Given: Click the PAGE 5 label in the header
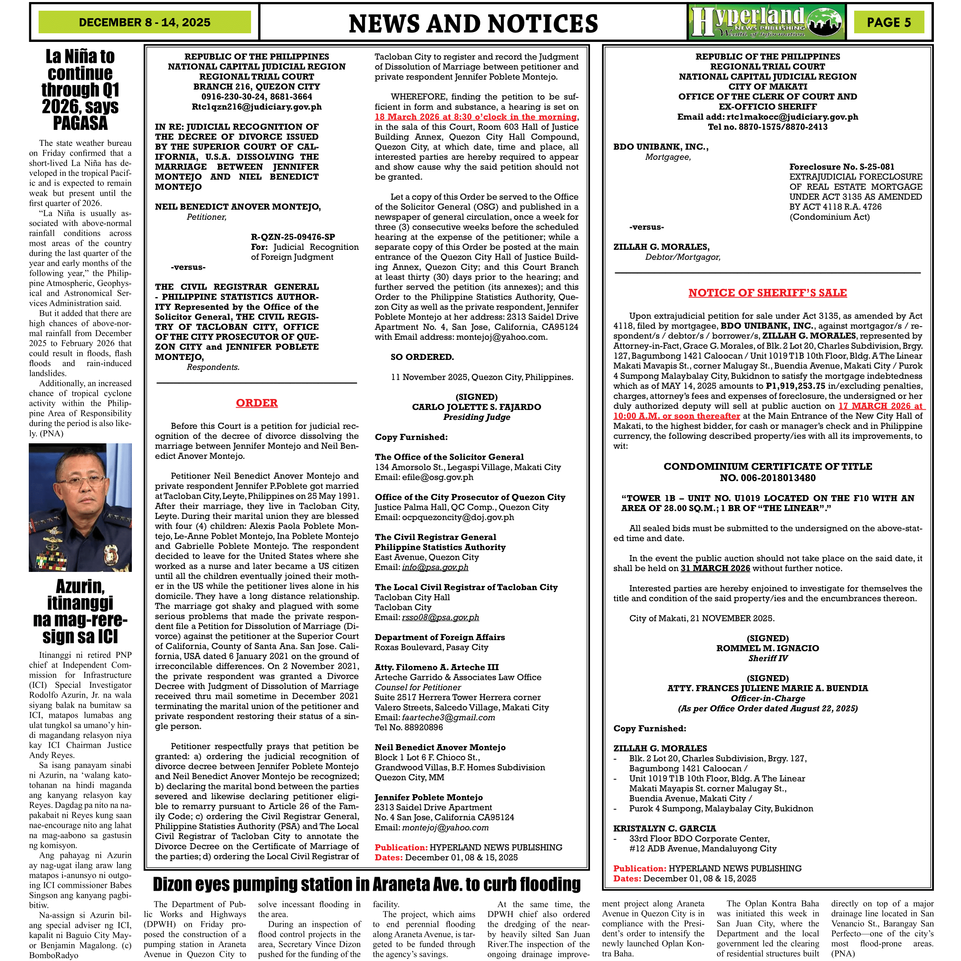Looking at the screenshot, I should pos(888,22).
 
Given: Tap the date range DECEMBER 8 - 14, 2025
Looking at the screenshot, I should pos(144,22).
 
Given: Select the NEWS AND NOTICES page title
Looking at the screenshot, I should pos(473,23).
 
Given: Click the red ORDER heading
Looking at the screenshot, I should pos(257,403).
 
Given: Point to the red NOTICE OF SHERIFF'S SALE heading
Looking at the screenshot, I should pos(767,293).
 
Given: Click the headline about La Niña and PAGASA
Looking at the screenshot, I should pos(80,90).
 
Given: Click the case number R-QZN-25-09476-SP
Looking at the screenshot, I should pos(293,237).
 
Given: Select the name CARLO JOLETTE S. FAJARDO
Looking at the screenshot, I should pos(477,407).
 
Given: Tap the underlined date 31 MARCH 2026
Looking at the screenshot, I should pos(715,568).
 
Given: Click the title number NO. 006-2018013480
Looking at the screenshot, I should pos(767,478).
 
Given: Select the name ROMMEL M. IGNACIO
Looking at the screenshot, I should pos(767,648).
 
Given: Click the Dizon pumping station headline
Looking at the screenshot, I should pos(366,885).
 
